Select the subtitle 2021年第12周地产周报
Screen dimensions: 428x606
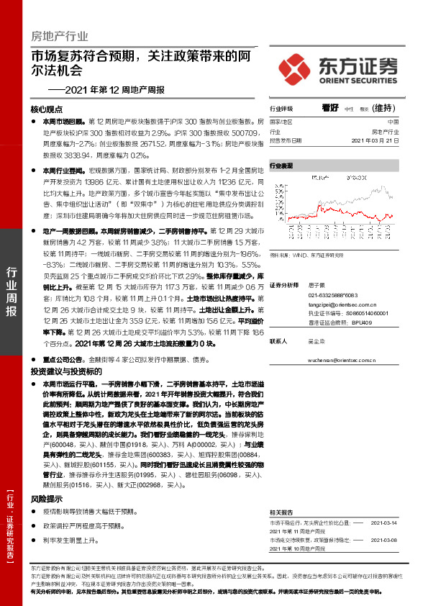[106, 89]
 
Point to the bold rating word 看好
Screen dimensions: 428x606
[331, 108]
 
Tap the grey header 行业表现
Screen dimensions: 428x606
[281, 166]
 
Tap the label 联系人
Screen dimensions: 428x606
[278, 341]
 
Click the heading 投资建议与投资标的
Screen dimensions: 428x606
[63, 371]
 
